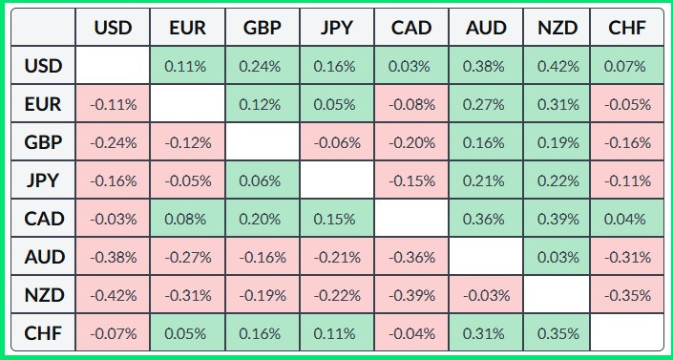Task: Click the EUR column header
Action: pos(186,28)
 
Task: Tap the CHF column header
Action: pos(627,28)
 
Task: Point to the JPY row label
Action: pos(45,180)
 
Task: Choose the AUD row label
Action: pos(45,257)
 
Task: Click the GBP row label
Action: pos(45,142)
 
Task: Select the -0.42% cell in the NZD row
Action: pos(113,295)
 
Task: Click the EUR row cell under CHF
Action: pos(627,104)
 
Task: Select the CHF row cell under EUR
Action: pos(186,333)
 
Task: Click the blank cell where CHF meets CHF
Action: pos(627,333)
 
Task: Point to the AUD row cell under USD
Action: pos(113,257)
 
